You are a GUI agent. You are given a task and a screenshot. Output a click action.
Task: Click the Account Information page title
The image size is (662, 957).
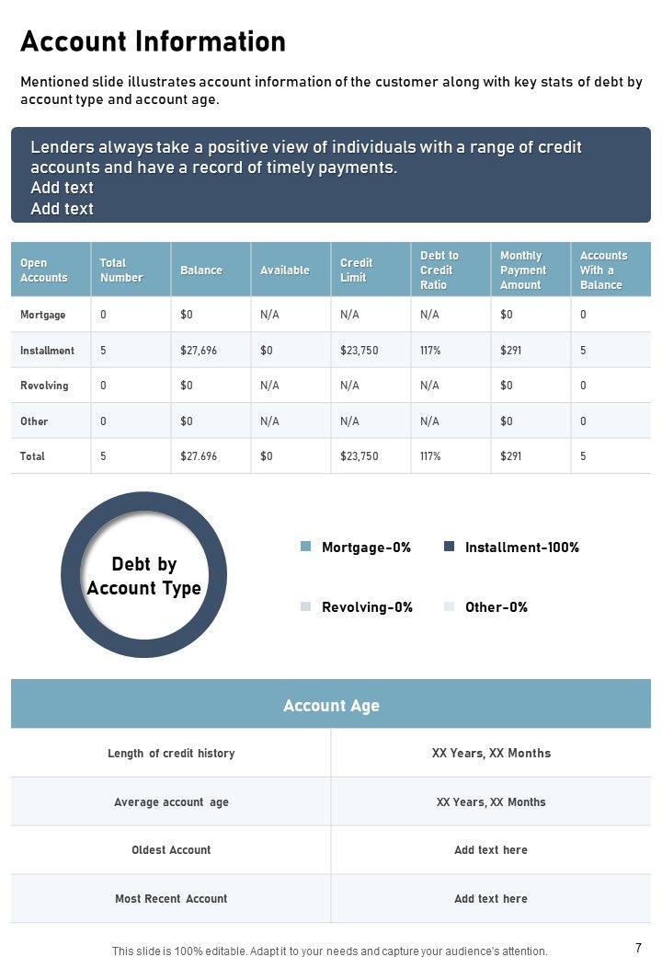pyautogui.click(x=153, y=42)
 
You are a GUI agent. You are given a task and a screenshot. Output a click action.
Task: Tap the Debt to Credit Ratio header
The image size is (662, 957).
pyautogui.click(x=439, y=271)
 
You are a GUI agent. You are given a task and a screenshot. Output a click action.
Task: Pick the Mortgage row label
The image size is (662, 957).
pyautogui.click(x=42, y=315)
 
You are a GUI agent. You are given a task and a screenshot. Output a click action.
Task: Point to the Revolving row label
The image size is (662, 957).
pyautogui.click(x=44, y=386)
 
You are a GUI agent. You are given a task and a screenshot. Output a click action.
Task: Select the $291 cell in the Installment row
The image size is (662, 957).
pyautogui.click(x=510, y=351)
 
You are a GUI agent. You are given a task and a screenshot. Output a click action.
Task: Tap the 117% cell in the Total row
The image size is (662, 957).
pyautogui.click(x=430, y=456)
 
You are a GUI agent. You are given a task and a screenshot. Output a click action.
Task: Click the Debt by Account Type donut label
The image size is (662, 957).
pyautogui.click(x=143, y=576)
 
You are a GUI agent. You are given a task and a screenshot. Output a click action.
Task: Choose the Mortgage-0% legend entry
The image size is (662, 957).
pyautogui.click(x=365, y=548)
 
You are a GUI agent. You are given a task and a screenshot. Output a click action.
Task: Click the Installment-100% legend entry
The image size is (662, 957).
pyautogui.click(x=521, y=548)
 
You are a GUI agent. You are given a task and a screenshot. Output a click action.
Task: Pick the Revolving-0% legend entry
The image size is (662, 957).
pyautogui.click(x=366, y=607)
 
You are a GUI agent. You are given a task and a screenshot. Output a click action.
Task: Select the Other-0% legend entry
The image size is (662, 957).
pyautogui.click(x=496, y=607)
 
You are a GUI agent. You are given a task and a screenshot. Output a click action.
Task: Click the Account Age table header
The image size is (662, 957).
pyautogui.click(x=331, y=706)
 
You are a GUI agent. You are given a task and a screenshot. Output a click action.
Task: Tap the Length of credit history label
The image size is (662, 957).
pyautogui.click(x=171, y=754)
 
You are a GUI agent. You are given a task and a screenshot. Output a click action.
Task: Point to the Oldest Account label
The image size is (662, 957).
pyautogui.click(x=171, y=850)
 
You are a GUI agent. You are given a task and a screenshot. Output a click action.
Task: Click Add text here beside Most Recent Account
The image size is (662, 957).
pyautogui.click(x=491, y=899)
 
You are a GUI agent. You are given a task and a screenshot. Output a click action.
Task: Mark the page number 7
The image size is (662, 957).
pyautogui.click(x=638, y=947)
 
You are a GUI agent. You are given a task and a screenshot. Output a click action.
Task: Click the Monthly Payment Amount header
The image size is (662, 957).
pyautogui.click(x=522, y=271)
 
